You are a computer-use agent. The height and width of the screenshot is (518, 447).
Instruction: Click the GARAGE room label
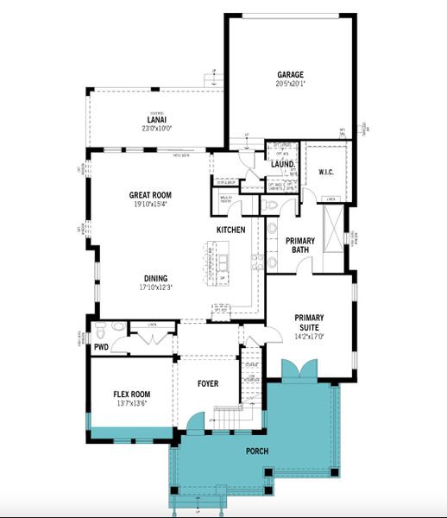tap(290, 75)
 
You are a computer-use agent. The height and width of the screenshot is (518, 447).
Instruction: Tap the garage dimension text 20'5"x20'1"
tap(290, 84)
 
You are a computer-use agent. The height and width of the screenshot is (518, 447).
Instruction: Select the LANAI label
tap(157, 120)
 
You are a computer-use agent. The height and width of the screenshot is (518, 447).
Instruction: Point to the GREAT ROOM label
tap(148, 196)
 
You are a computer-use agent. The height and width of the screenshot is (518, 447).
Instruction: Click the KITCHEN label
tap(231, 230)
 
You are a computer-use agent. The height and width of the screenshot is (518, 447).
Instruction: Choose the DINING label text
tap(155, 278)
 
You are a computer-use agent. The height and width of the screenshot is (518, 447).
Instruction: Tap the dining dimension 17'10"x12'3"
tap(155, 287)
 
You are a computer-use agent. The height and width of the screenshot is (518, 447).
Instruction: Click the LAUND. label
tap(283, 163)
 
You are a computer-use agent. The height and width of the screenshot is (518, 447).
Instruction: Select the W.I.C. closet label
tap(325, 172)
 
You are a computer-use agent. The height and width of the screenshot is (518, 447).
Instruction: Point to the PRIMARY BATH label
tap(300, 245)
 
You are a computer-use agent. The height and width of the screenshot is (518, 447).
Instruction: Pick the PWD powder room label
tap(101, 346)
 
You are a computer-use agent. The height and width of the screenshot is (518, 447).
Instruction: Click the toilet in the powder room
tap(100, 331)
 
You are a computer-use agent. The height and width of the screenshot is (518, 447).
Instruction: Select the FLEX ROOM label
tap(131, 394)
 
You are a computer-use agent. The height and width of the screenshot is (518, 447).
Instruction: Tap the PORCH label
tap(256, 452)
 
